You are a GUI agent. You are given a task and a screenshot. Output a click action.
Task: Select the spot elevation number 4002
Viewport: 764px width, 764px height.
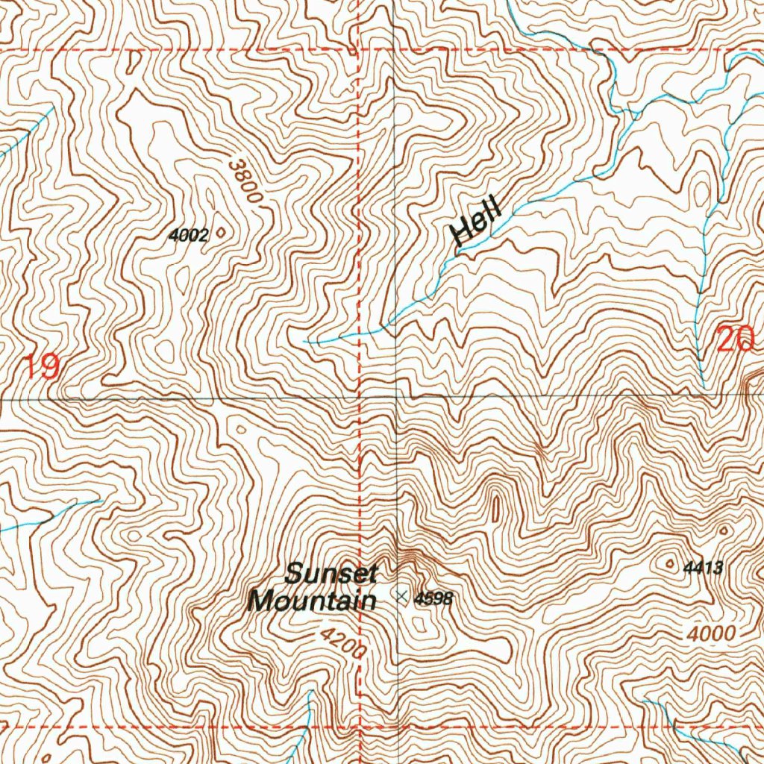pos(188,235)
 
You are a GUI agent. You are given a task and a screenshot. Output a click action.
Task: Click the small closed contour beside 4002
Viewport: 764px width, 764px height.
pos(220,234)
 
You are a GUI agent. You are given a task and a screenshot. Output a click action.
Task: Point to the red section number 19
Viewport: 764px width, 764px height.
pos(40,367)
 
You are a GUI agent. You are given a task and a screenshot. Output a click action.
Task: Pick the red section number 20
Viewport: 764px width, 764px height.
pos(736,340)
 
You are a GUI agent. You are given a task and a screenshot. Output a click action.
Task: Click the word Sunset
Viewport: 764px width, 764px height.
pos(332,574)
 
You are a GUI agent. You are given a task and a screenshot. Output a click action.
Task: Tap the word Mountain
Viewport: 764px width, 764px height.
pos(312,601)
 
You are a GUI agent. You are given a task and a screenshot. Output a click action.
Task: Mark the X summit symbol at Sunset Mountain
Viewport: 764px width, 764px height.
pos(402,596)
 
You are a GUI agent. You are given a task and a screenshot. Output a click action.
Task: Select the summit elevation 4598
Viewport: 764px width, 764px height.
pos(433,598)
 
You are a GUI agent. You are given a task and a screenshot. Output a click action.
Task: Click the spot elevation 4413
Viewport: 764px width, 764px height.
pos(703,568)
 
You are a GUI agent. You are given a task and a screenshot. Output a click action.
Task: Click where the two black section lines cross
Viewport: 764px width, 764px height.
pos(395,397)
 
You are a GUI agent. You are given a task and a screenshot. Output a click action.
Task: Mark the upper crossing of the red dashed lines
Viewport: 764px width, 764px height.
pos(360,50)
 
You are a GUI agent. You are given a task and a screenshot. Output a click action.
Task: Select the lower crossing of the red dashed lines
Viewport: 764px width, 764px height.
pos(360,725)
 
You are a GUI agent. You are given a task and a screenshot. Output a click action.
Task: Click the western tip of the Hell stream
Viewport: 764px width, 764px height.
pos(306,341)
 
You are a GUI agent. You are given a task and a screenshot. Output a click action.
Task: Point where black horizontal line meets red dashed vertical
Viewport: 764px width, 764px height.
pos(360,397)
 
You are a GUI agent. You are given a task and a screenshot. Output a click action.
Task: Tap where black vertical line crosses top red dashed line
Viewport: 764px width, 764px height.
pos(395,50)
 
